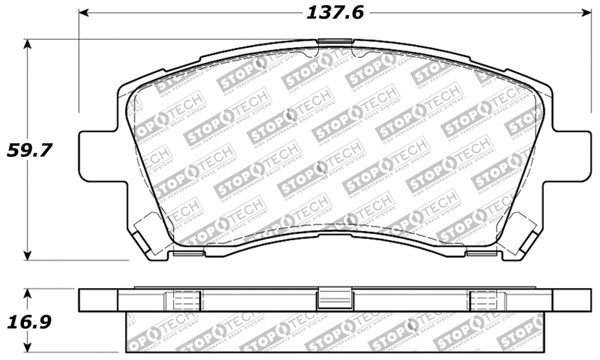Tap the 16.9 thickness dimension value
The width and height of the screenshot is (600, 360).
31,322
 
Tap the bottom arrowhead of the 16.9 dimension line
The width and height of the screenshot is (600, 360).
27,353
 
